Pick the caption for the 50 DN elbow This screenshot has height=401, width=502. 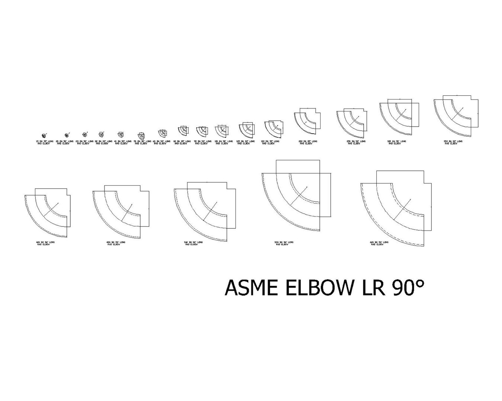[141, 143]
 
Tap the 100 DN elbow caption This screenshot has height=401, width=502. [223, 143]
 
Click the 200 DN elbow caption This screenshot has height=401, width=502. [308, 143]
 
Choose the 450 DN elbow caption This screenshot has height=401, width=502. [115, 244]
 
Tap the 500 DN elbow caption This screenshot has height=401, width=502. [193, 244]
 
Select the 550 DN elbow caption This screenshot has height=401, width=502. [283, 244]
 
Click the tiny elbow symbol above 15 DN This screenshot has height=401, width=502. [44, 136]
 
